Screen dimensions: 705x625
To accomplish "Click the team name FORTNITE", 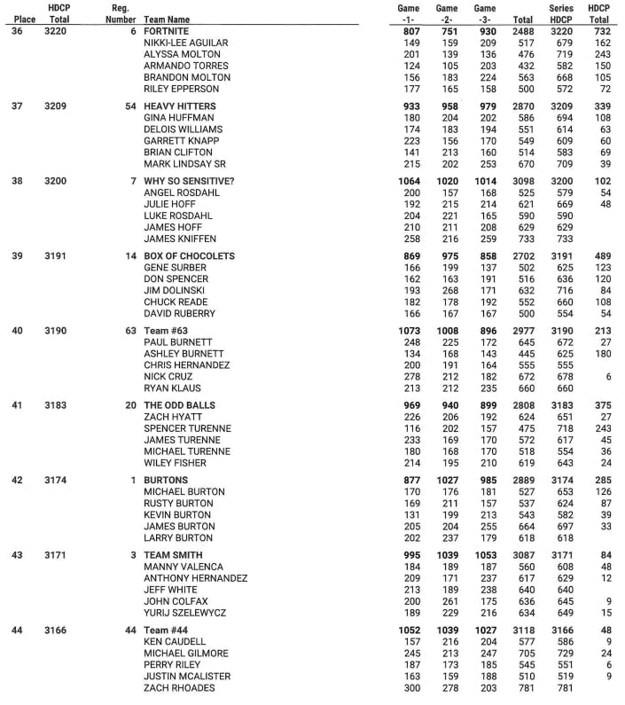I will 167,31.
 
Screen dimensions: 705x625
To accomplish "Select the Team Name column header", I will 167,19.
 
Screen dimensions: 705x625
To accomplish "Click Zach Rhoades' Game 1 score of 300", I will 410,687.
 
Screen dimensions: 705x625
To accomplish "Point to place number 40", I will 17,331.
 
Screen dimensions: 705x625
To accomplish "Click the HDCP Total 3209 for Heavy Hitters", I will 59,106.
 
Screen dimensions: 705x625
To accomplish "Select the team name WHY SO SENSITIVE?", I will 189,181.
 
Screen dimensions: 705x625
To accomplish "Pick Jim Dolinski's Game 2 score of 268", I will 448,290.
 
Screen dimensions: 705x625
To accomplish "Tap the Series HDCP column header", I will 561,13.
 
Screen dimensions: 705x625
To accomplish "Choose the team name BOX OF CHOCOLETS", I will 189,256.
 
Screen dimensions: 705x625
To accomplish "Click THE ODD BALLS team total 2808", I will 523,405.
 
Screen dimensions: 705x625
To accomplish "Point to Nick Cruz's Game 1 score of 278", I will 410,377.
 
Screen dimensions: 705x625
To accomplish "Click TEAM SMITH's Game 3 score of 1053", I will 485,555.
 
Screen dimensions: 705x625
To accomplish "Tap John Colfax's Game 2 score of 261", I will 448,601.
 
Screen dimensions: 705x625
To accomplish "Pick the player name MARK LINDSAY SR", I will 184,164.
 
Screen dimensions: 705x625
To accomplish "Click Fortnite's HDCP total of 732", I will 599,31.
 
